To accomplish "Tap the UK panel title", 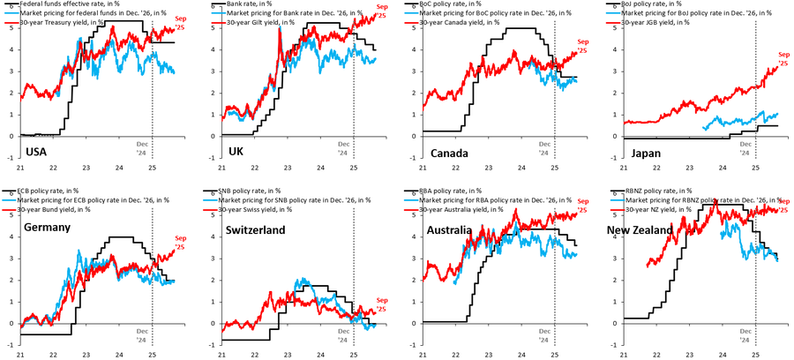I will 236,152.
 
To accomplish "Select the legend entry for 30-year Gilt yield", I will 261,21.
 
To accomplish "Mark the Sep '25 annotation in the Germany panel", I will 179,242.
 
